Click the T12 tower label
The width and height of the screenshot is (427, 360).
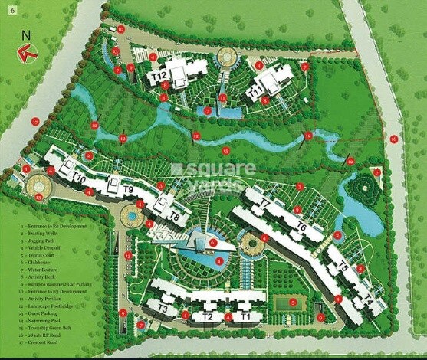[159, 77]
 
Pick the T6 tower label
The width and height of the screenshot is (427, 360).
[301, 227]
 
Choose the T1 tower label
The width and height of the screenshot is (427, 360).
[245, 316]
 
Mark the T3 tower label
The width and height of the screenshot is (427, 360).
[163, 308]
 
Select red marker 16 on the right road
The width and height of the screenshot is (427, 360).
[393, 139]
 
